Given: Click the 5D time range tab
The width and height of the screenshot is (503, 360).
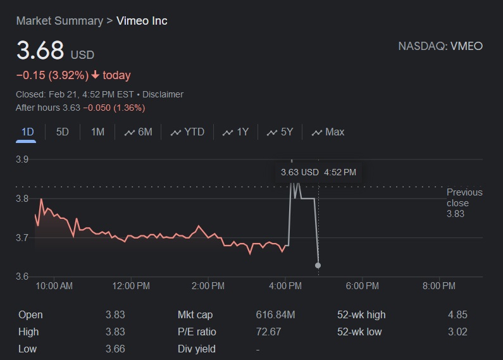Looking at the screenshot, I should click(x=62, y=132).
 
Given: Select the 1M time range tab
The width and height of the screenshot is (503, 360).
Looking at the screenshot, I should click(x=97, y=132).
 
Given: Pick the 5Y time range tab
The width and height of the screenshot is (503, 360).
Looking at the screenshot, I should click(x=280, y=132).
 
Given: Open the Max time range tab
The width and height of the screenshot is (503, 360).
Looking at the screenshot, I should click(x=328, y=132).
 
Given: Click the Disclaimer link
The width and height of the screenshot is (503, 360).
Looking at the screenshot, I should click(x=163, y=94).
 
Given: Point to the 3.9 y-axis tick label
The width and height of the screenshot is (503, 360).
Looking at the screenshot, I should click(x=22, y=159).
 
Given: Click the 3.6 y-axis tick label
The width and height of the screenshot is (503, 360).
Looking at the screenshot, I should click(x=22, y=276).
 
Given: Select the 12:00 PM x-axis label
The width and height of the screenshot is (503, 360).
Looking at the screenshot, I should click(x=131, y=286).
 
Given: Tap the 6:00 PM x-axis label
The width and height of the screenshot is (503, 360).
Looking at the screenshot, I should click(x=363, y=286).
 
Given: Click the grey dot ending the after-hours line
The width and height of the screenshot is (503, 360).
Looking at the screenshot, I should click(x=318, y=265).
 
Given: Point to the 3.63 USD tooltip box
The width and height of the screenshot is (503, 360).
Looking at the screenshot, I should click(x=318, y=172).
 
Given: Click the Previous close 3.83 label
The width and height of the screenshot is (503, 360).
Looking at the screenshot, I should click(x=464, y=202).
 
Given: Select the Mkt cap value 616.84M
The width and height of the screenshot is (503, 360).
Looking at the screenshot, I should click(x=275, y=314).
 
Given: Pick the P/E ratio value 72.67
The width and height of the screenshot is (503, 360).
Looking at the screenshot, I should click(x=268, y=332).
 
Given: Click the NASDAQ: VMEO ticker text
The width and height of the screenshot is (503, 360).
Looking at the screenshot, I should click(x=440, y=46).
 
